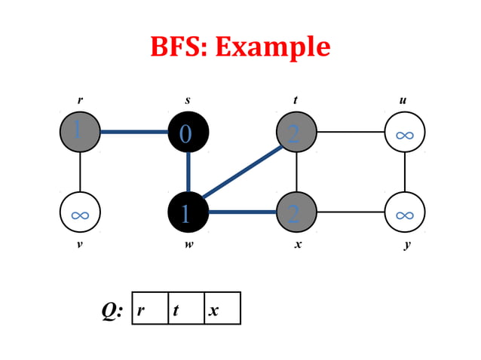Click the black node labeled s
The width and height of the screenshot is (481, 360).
[188, 133]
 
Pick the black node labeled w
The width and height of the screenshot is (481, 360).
[188, 213]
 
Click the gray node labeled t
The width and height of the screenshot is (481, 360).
[296, 133]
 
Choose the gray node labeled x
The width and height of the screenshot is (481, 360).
[296, 213]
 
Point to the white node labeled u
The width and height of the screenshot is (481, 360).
[405, 133]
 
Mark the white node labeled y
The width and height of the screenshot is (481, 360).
[405, 213]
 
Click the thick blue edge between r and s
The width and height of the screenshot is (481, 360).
[133, 133]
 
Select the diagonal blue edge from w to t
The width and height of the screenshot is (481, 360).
[241, 173]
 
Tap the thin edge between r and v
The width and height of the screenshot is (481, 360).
[80, 172]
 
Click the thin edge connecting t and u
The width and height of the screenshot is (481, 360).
[351, 133]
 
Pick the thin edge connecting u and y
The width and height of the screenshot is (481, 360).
[405, 172]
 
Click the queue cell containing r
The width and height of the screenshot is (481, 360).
[150, 308]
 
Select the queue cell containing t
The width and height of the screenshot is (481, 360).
[186, 308]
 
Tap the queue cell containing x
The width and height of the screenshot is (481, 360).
[222, 308]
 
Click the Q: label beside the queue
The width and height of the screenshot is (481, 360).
[112, 309]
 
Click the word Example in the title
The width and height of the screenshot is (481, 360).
[272, 47]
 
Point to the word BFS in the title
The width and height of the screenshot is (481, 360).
[179, 47]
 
